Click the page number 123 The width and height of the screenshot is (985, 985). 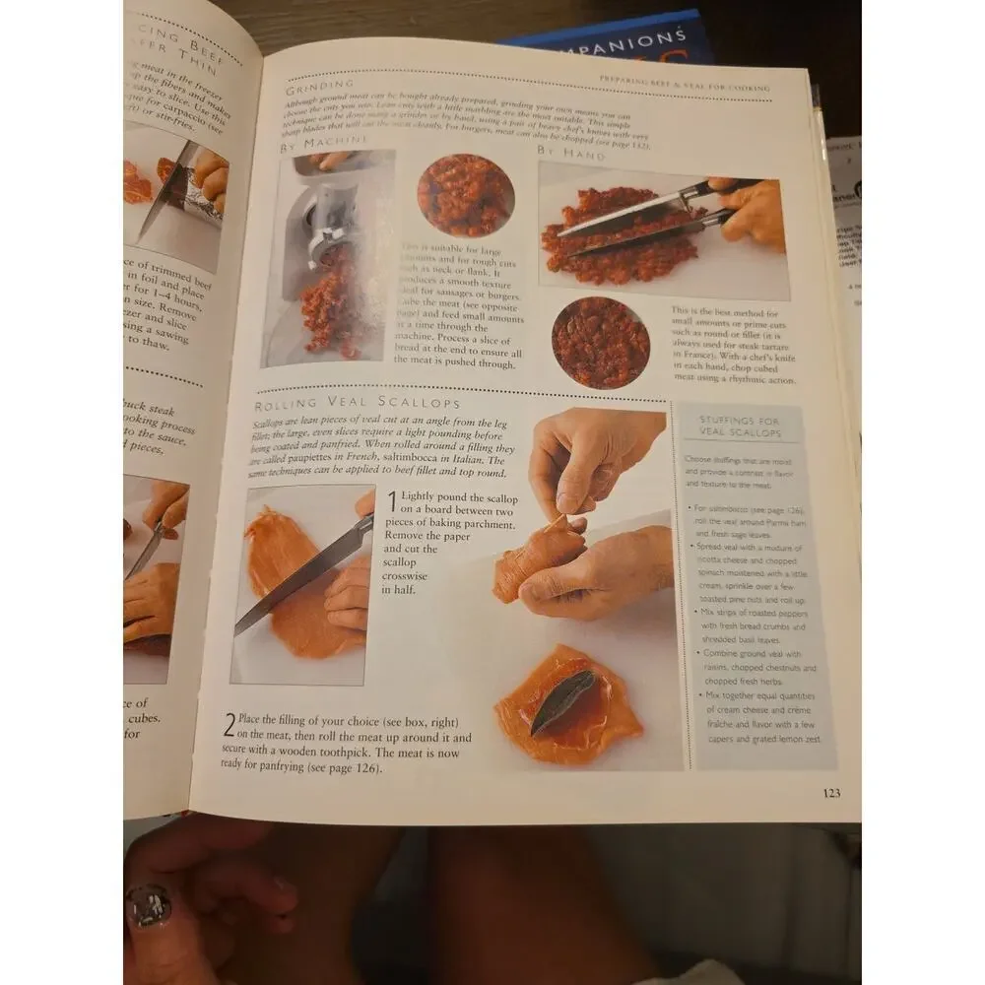(x=831, y=793)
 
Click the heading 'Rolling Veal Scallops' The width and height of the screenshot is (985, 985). (x=358, y=404)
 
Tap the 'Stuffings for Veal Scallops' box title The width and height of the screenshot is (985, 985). (x=739, y=427)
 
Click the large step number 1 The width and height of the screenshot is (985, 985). (x=392, y=502)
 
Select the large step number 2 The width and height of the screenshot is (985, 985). (x=229, y=728)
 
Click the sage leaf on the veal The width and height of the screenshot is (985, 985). (x=563, y=701)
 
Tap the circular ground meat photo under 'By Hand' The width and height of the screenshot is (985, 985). (x=600, y=342)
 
